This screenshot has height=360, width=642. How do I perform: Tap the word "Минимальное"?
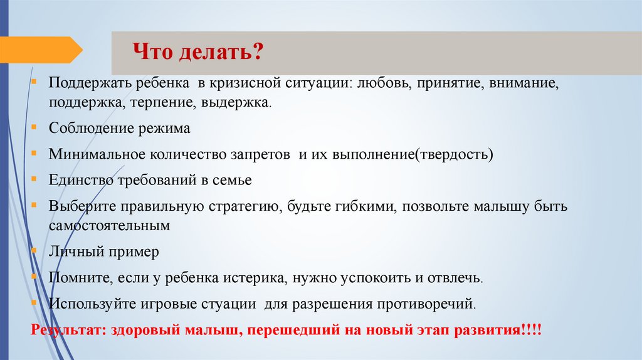point(96,154)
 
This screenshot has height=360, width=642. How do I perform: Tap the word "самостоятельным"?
point(108,224)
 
